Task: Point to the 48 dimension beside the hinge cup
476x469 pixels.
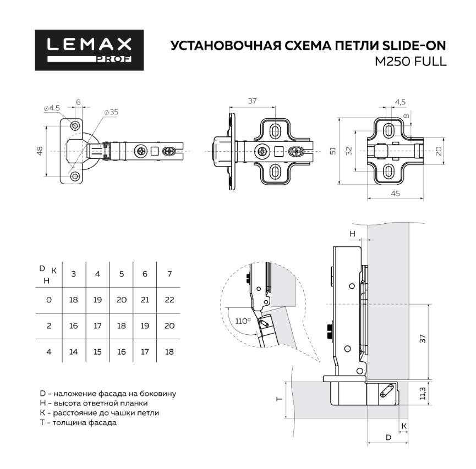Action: (40, 151)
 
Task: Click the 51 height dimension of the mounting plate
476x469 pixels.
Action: (332, 151)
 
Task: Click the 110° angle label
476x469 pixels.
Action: (243, 320)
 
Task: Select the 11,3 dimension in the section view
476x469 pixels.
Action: (422, 394)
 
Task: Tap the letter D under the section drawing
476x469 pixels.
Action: (388, 438)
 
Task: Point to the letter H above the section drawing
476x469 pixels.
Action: (353, 234)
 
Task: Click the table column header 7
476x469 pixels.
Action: (169, 273)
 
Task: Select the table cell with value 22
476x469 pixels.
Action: (169, 300)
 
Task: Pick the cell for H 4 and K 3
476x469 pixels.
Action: (74, 351)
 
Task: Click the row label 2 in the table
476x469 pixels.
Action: (49, 325)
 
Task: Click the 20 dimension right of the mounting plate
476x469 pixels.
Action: (438, 151)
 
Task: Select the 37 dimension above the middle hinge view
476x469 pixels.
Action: (253, 101)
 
